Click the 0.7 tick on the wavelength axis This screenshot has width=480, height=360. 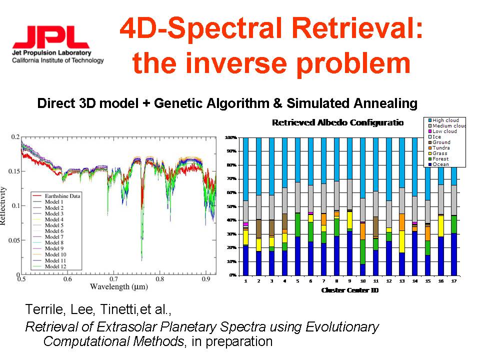point(113,279)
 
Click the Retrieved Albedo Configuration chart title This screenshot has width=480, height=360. point(337,122)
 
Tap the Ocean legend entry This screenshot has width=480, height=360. point(440,164)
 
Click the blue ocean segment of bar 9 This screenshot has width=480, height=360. point(349,253)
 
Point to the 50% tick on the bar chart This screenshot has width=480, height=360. point(231,206)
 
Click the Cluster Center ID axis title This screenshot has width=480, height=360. point(349,290)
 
